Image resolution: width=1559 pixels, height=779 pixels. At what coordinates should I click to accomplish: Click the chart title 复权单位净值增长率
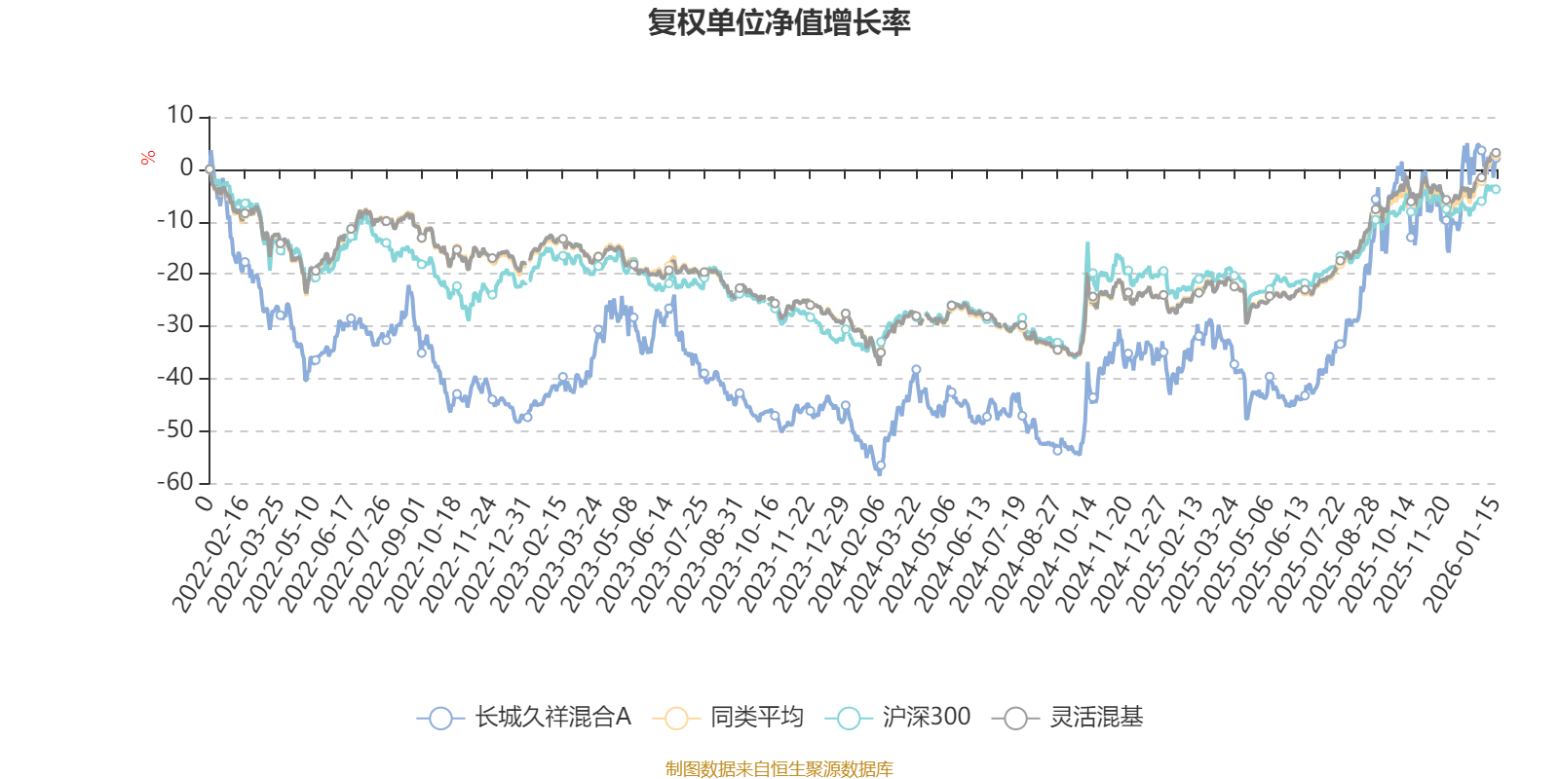tap(779, 22)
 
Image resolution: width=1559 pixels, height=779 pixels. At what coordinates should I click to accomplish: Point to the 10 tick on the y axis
tap(180, 116)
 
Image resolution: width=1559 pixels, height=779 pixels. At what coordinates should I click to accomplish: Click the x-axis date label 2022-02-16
tap(210, 555)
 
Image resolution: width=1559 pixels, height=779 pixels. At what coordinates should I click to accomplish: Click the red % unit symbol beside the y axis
tap(148, 158)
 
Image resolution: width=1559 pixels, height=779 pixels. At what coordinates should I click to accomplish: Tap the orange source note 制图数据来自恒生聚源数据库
tap(779, 769)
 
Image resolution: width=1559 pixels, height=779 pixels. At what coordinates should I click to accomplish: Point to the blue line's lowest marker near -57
tap(880, 466)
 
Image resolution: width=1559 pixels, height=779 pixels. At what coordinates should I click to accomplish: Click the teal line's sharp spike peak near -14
tap(1087, 243)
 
